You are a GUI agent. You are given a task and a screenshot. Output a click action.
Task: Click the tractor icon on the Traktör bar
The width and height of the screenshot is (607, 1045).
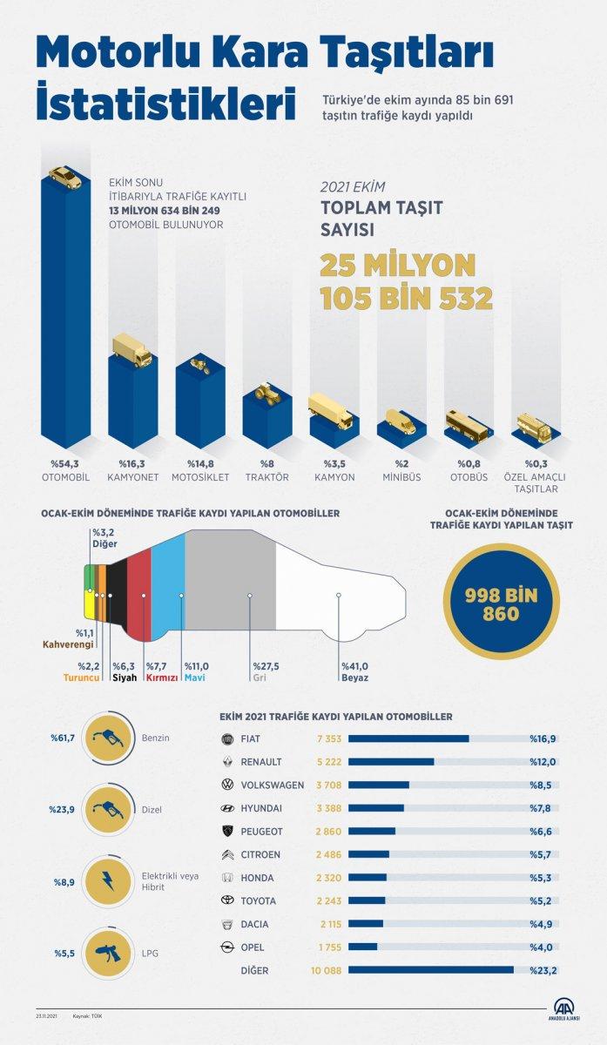pos(266,393)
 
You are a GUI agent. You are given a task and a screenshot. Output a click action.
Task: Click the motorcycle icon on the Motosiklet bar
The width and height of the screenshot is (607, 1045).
pos(199,366)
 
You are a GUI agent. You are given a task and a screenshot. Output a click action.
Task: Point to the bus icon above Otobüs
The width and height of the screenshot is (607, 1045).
pos(467,426)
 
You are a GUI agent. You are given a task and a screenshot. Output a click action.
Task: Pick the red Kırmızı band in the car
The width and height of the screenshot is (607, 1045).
pos(139,593)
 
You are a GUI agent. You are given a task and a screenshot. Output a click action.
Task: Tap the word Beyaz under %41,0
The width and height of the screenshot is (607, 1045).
pos(355,678)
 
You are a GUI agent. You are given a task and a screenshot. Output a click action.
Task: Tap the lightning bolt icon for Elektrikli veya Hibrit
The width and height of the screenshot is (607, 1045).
pos(111,880)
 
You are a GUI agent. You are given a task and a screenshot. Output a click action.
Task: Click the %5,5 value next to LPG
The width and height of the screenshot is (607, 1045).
pos(64,954)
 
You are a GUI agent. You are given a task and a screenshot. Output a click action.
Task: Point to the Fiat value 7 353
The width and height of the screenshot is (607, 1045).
pos(328,738)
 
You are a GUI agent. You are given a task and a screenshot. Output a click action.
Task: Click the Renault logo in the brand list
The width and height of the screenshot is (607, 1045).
pos(226,762)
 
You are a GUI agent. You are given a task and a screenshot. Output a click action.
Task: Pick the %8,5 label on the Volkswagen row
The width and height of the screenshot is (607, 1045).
pos(543,785)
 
